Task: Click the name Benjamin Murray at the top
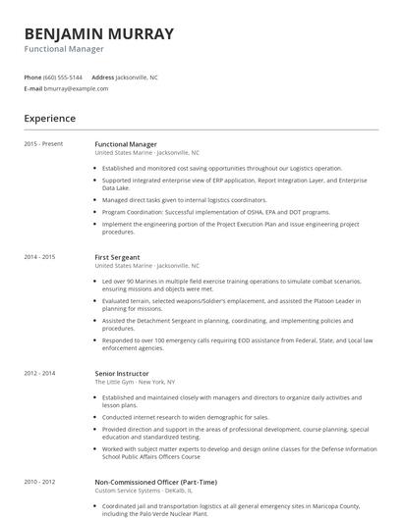tap(98, 34)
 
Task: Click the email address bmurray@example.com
tap(76, 88)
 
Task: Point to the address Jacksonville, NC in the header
tap(137, 77)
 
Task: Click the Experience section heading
tap(50, 119)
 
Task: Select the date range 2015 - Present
tap(43, 144)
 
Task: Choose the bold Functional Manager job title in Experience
tap(126, 144)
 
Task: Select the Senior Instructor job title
tap(122, 374)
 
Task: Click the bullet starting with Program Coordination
tap(215, 211)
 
